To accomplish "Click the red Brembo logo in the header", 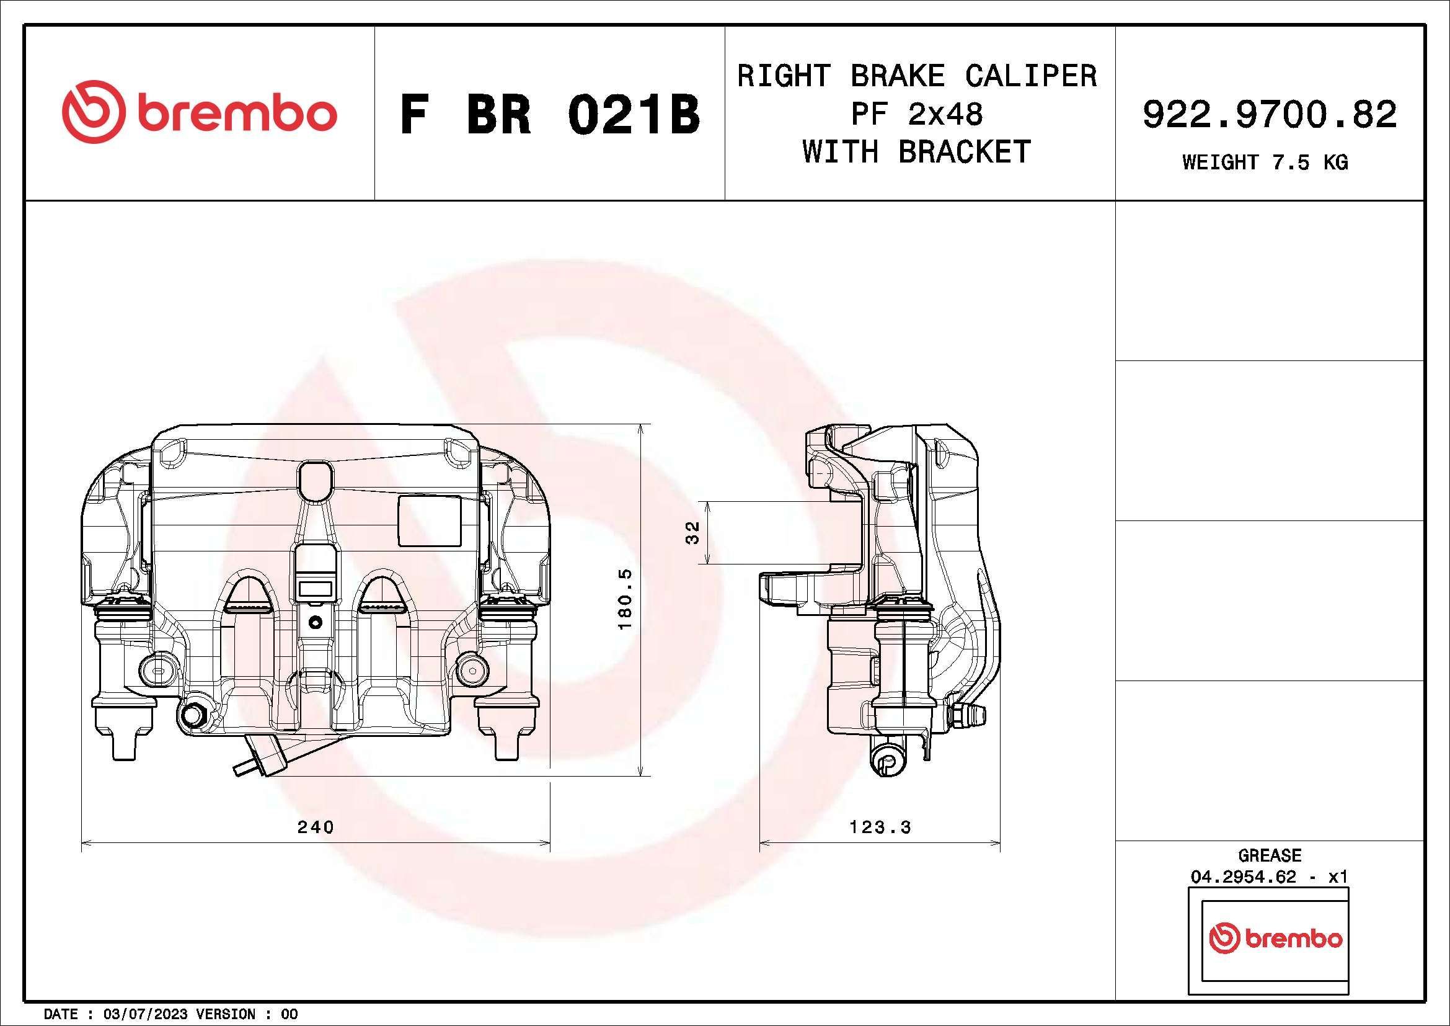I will point(199,112).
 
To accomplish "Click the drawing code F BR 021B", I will point(549,115).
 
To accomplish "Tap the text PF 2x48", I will point(916,114).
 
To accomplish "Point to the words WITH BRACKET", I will point(916,152).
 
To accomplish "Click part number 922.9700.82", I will point(1270,115).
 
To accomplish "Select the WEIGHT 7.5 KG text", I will point(1265,163).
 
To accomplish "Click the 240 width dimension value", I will point(316,827).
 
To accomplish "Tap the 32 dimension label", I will point(693,532).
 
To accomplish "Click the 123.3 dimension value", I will point(880,827).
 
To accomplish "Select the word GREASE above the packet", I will point(1270,855).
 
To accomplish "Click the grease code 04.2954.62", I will point(1242,877).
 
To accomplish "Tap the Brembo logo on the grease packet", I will point(1275,938).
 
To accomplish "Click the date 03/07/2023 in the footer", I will point(144,1014).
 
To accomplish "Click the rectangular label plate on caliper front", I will point(430,520).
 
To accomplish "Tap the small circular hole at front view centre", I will point(315,622).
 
